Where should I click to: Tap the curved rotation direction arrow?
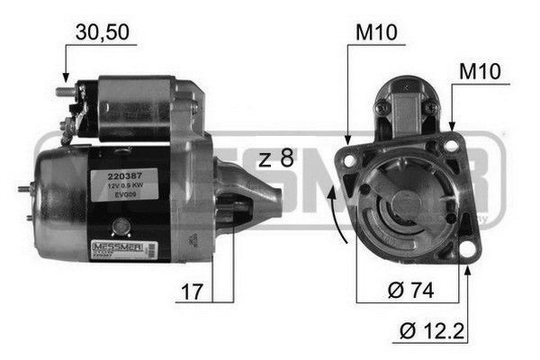(339, 209)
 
